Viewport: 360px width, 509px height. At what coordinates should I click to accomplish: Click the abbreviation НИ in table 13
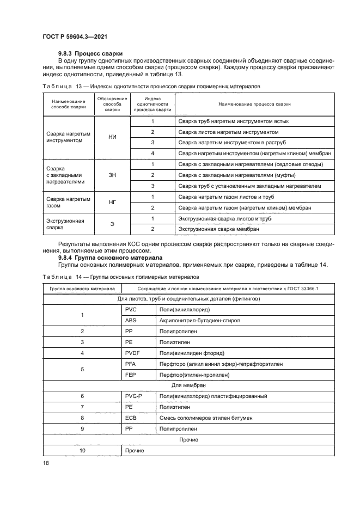pyautogui.click(x=113, y=137)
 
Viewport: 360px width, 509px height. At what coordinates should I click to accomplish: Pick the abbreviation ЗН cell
pyautogui.click(x=113, y=175)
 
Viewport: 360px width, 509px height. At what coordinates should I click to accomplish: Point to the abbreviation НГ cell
pyautogui.click(x=113, y=202)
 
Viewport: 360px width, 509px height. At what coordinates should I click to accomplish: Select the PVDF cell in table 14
pyautogui.click(x=132, y=353)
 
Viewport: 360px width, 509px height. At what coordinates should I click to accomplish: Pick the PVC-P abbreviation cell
pyautogui.click(x=133, y=396)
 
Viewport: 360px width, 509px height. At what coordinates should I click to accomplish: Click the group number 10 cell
pyautogui.click(x=82, y=450)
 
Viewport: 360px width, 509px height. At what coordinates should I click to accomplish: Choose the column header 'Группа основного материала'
pyautogui.click(x=82, y=289)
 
